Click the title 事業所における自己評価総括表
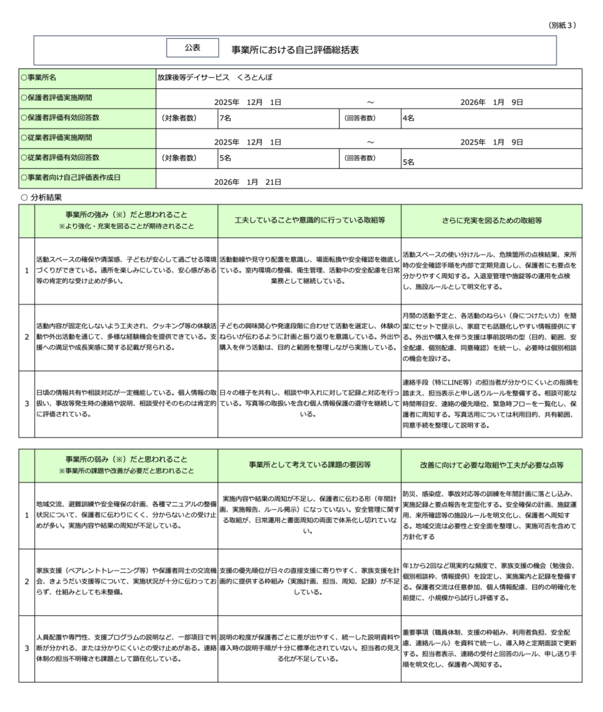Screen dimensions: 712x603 tap(295, 50)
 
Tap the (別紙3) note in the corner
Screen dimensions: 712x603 tap(563, 25)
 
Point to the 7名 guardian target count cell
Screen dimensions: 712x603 tap(226, 118)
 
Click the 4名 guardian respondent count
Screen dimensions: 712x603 tap(409, 118)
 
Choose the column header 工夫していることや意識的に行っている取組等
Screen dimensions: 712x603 tap(309, 220)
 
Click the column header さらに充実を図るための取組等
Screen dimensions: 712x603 tap(492, 220)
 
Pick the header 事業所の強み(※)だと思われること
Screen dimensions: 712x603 tap(126, 215)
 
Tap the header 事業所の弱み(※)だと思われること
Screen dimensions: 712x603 tap(126, 459)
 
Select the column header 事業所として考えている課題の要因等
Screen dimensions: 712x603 tap(309, 464)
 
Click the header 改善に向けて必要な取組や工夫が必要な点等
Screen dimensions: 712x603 tap(492, 464)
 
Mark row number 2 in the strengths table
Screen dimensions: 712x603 tap(26, 337)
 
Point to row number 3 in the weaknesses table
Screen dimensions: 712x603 tap(26, 648)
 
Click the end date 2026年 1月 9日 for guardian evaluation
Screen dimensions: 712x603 tap(492, 102)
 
